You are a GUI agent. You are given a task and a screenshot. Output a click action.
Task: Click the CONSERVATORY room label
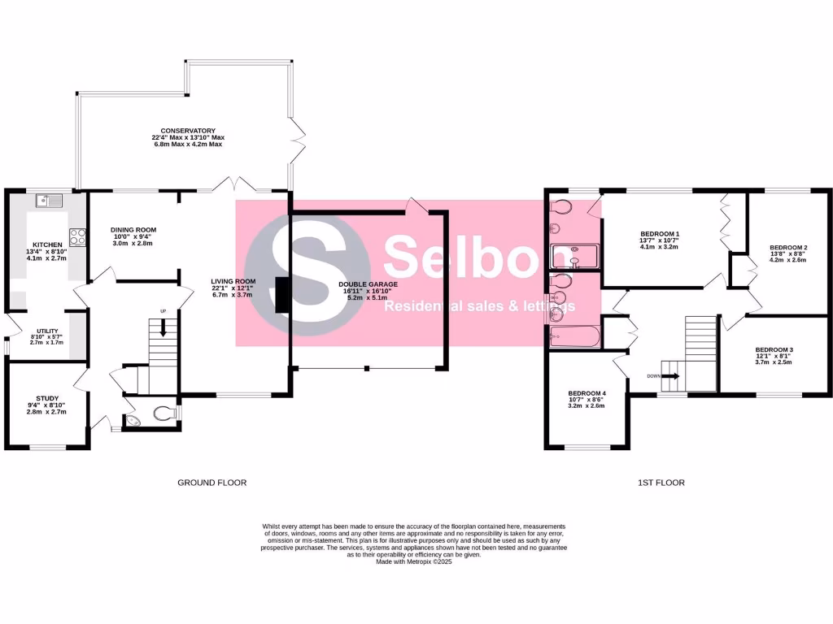pyautogui.click(x=188, y=131)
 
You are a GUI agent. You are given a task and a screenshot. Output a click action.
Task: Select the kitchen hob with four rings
pyautogui.click(x=79, y=236)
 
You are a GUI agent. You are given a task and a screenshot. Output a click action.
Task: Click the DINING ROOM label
pyautogui.click(x=133, y=230)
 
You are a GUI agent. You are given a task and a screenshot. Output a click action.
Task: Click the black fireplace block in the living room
pyautogui.click(x=281, y=295)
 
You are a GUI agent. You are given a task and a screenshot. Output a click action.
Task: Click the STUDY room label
pyautogui.click(x=47, y=399)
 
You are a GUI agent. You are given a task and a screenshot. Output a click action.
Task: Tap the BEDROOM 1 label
pyautogui.click(x=660, y=234)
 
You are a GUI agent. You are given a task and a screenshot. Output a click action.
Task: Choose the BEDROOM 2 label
pyautogui.click(x=787, y=247)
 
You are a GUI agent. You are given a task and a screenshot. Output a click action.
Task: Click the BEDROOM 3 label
pyautogui.click(x=774, y=349)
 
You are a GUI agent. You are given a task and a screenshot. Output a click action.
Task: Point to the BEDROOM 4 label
pyautogui.click(x=587, y=393)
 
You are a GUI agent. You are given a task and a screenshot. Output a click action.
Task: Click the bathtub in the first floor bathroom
pyautogui.click(x=574, y=336)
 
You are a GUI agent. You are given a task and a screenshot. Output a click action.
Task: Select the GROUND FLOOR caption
pyautogui.click(x=212, y=483)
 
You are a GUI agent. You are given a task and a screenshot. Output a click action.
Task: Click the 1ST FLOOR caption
pyautogui.click(x=661, y=483)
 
